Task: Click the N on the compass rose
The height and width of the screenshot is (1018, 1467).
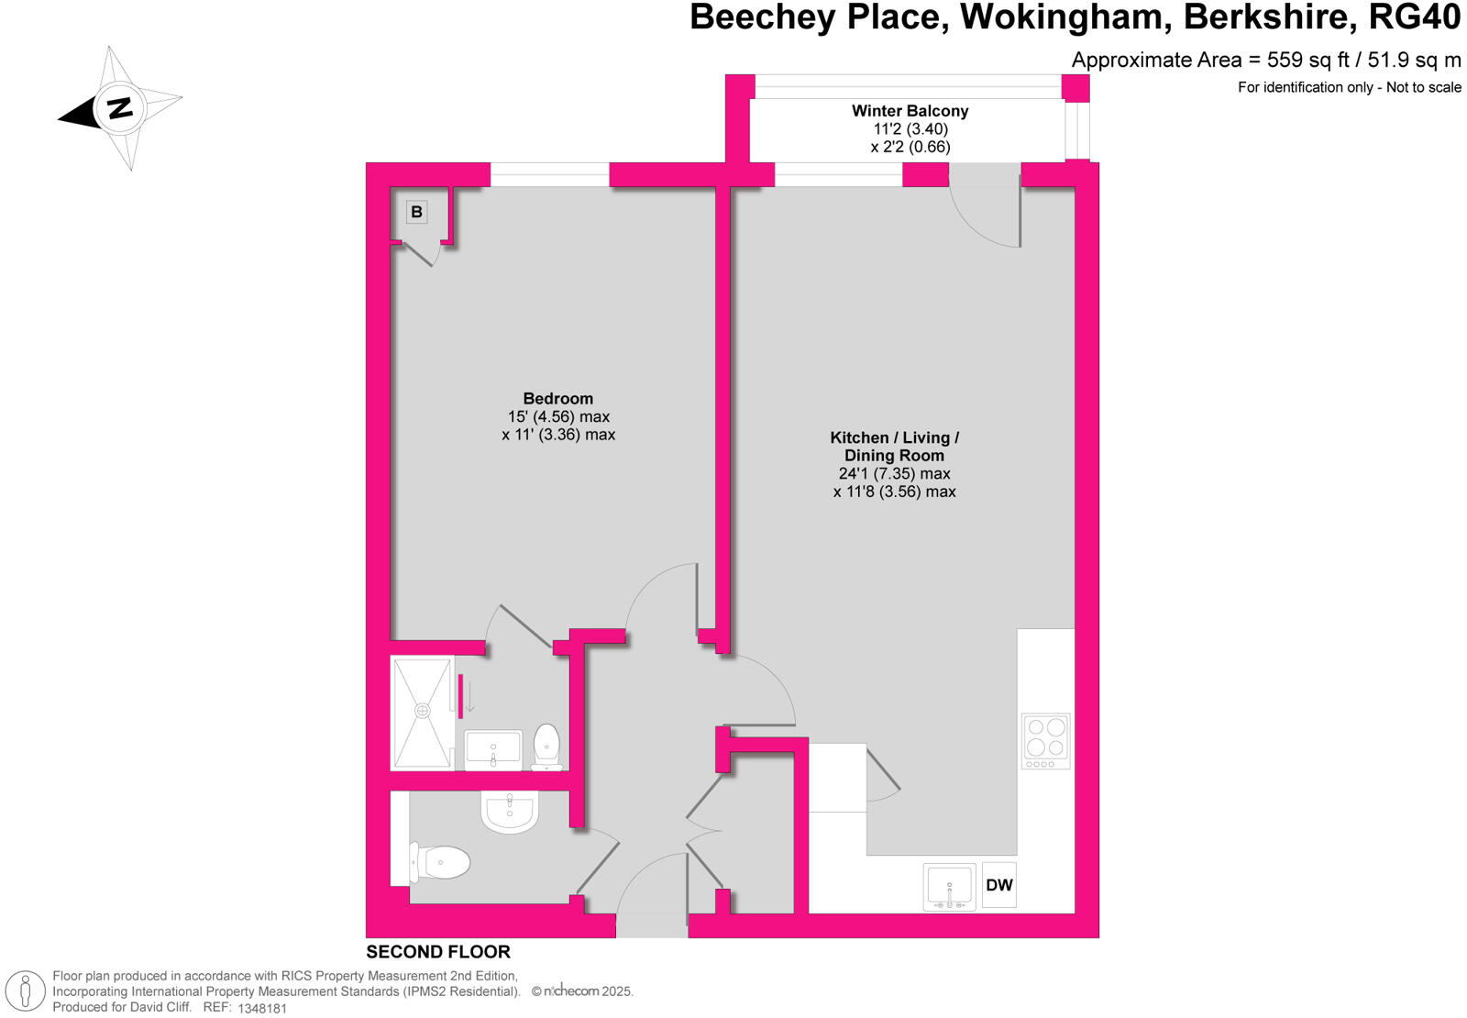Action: (x=119, y=108)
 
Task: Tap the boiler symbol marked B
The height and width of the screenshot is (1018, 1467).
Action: (x=417, y=212)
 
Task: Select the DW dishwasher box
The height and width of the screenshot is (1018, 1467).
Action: (x=998, y=885)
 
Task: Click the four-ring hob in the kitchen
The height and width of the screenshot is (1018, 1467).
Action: (x=1045, y=740)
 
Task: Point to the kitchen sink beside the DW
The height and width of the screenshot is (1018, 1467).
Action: (x=949, y=887)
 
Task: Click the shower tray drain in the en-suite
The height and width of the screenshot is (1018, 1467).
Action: (x=423, y=711)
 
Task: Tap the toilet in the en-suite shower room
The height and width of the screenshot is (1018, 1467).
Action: (x=546, y=746)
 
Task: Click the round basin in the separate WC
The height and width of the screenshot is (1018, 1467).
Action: (x=510, y=812)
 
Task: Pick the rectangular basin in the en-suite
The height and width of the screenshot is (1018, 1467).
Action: (x=493, y=749)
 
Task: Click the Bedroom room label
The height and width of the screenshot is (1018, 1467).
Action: (x=557, y=398)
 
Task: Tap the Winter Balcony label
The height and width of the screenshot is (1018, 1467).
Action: (x=910, y=111)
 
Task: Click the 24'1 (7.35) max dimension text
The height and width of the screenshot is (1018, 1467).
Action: (x=894, y=473)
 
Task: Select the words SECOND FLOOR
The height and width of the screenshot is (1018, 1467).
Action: (x=438, y=952)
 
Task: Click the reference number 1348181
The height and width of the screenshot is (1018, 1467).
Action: (x=262, y=1008)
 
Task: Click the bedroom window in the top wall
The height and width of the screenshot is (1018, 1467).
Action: (x=549, y=174)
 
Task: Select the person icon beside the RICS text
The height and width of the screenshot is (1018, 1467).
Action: (x=26, y=991)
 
